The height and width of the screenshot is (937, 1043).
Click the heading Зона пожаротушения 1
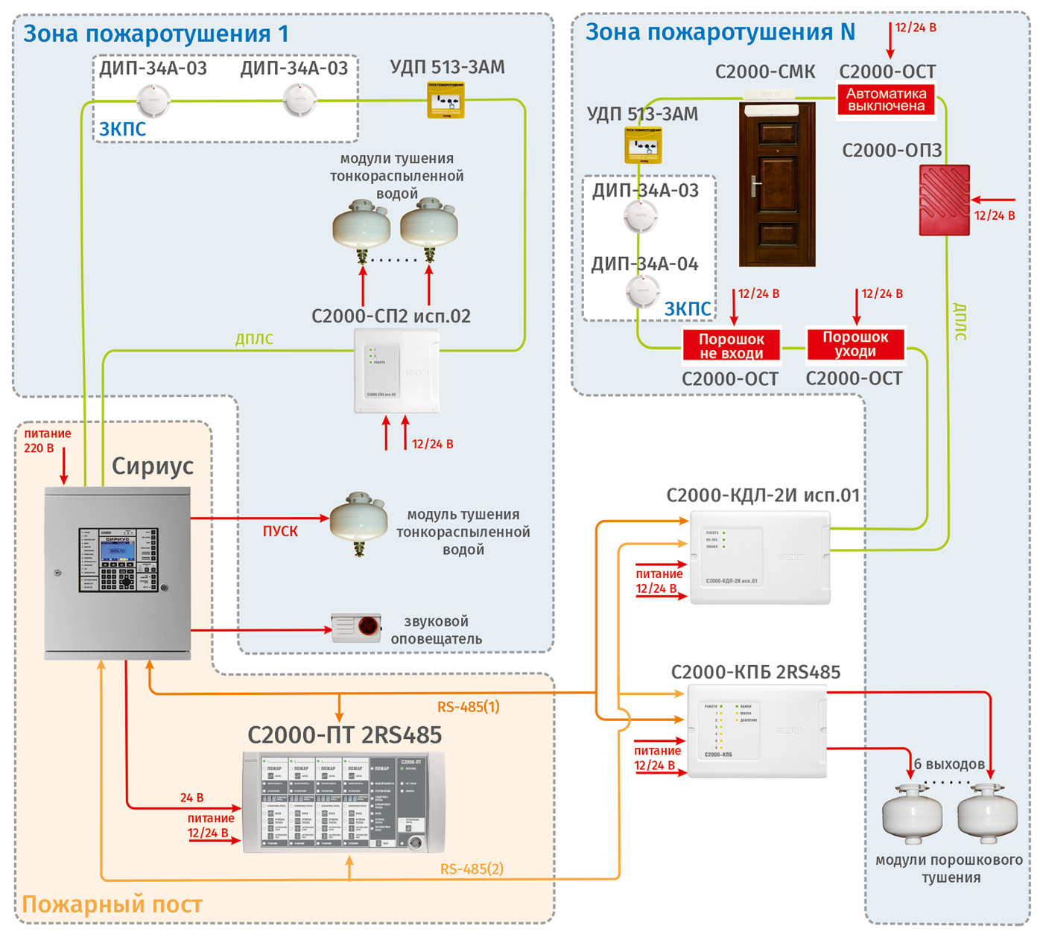[156, 34]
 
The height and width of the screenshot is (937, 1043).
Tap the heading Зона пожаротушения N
[720, 33]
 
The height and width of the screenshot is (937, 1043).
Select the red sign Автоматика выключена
[887, 100]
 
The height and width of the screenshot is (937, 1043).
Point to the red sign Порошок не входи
[731, 346]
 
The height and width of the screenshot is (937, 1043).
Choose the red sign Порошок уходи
[855, 343]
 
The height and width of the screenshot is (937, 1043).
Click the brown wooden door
[777, 184]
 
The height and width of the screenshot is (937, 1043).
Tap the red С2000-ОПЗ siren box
[944, 200]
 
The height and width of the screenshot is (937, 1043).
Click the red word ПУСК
[280, 532]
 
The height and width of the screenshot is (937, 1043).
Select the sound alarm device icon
[357, 627]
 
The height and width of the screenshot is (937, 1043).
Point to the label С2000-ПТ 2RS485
[344, 735]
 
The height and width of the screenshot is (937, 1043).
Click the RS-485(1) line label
[468, 707]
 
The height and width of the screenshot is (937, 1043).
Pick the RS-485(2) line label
[472, 869]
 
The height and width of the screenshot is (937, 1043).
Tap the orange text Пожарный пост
[112, 904]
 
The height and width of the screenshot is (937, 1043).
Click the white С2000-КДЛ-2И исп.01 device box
[760, 556]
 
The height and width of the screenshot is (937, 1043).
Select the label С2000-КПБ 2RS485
[755, 672]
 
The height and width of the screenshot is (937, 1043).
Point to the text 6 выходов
[948, 764]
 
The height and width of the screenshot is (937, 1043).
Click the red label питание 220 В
[48, 441]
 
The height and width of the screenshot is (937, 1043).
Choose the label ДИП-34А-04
[644, 264]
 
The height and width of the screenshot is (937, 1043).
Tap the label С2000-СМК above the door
[765, 72]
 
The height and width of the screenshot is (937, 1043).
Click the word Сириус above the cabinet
[153, 466]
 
